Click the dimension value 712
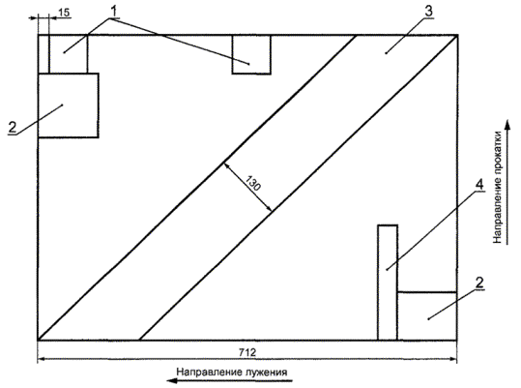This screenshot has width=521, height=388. coord(247,352)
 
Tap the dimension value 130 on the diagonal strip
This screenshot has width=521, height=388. coord(253,183)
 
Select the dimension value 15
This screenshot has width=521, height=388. coord(64,13)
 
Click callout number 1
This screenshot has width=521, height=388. coord(113,12)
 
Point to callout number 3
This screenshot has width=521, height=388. coord(428,12)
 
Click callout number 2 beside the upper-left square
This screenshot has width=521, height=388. coord(13,128)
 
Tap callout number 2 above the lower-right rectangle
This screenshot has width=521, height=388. coord(479,283)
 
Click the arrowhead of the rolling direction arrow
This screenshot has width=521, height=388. coord(507,126)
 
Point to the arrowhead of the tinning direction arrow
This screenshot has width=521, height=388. coord(172,380)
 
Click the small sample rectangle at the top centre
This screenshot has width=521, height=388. coord(251,54)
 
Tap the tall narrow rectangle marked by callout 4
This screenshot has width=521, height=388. coord(388,283)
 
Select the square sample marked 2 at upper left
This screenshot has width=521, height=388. coord(68,105)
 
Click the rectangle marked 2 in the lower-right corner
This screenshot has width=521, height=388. coord(427,316)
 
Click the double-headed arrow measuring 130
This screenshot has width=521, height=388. coord(247,187)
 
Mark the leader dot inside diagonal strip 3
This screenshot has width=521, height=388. coord(386,53)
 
